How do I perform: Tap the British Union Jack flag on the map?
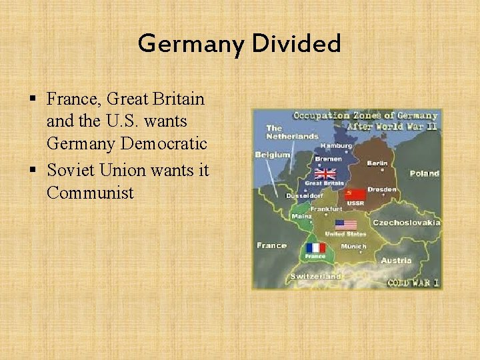pyautogui.click(x=325, y=173)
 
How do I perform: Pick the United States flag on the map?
pyautogui.click(x=345, y=225)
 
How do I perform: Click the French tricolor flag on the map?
pyautogui.click(x=315, y=247)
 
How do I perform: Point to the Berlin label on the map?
pyautogui.click(x=377, y=163)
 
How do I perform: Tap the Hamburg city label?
pyautogui.click(x=337, y=146)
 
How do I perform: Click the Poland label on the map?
pyautogui.click(x=424, y=173)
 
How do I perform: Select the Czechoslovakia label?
pyautogui.click(x=406, y=222)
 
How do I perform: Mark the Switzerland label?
pyautogui.click(x=315, y=276)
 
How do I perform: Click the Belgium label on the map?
pyautogui.click(x=273, y=155)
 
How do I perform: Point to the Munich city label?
pyautogui.click(x=353, y=247)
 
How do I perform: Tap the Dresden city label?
pyautogui.click(x=381, y=189)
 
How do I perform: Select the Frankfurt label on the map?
pyautogui.click(x=325, y=209)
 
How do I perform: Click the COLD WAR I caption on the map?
pyautogui.click(x=413, y=283)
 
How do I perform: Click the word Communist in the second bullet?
pyautogui.click(x=90, y=193)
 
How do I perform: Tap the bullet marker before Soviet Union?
pyautogui.click(x=34, y=171)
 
